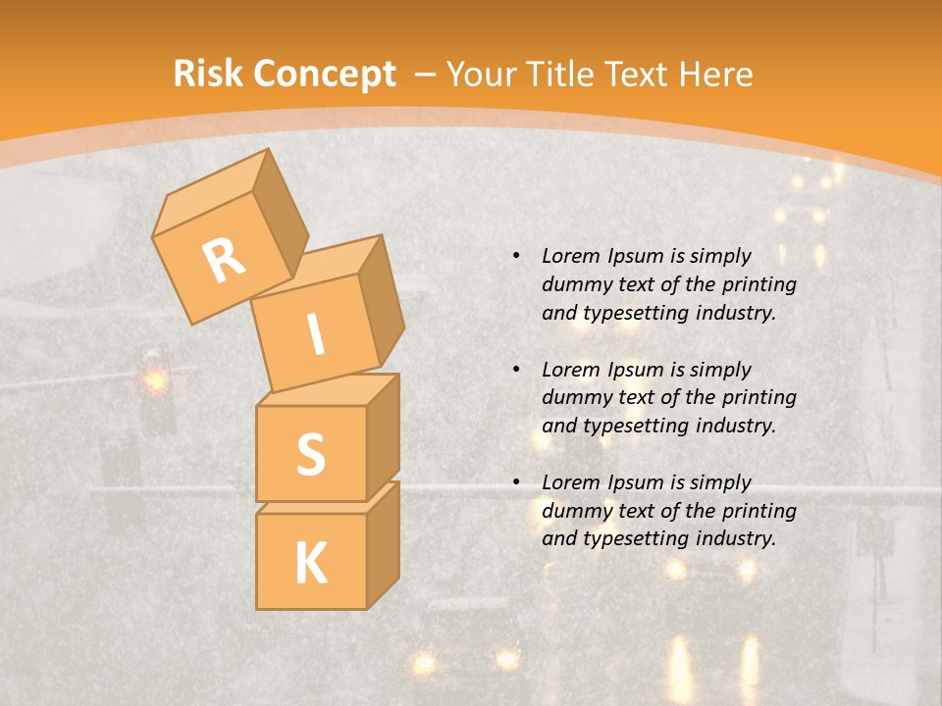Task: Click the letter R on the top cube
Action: point(225,260)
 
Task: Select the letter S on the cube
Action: point(310,454)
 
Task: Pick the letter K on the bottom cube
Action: point(310,563)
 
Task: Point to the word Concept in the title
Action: point(324,75)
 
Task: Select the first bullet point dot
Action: point(516,256)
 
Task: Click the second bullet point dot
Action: point(516,370)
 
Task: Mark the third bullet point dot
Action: point(516,482)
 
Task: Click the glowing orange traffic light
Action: point(154,379)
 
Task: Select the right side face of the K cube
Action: point(383,544)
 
